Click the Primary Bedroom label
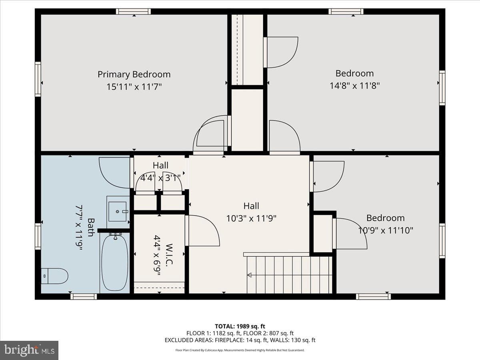click(x=134, y=74)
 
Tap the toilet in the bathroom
click(x=55, y=276)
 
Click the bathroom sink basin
click(x=118, y=211)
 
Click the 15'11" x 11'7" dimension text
click(x=134, y=87)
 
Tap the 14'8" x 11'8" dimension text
click(x=354, y=86)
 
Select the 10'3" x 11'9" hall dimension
click(x=251, y=218)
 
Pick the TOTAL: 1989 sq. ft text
click(x=240, y=326)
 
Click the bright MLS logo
click(x=29, y=350)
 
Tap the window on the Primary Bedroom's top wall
click(x=133, y=11)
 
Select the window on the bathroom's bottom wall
click(x=84, y=297)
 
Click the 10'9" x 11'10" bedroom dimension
click(x=386, y=230)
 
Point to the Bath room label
click(x=91, y=227)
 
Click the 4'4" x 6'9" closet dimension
click(x=157, y=255)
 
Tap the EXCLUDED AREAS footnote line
click(x=240, y=340)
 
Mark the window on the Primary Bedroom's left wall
click(x=38, y=79)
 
